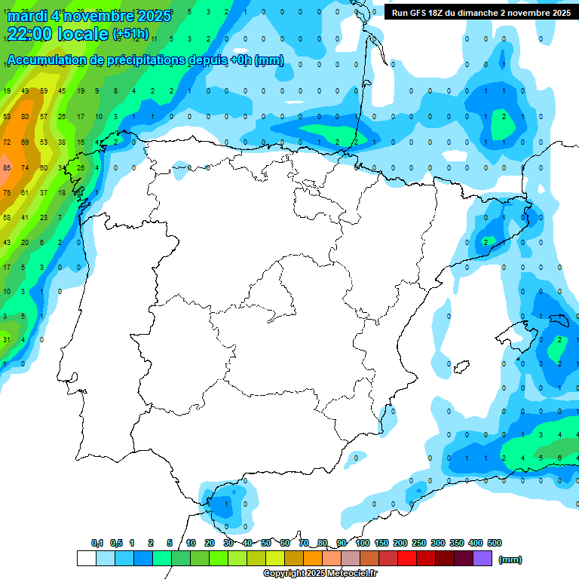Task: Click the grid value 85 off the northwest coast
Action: (7, 167)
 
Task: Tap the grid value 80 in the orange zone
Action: (25, 117)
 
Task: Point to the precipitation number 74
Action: (25, 167)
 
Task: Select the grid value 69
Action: (25, 142)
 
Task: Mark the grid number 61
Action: (25, 192)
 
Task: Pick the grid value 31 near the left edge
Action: (6, 339)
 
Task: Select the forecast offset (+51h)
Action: (130, 34)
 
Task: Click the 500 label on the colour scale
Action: (495, 543)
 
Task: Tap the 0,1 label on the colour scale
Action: (97, 543)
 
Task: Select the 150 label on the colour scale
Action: (381, 543)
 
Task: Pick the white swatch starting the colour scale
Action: (86, 559)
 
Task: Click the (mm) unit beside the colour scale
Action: (511, 559)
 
